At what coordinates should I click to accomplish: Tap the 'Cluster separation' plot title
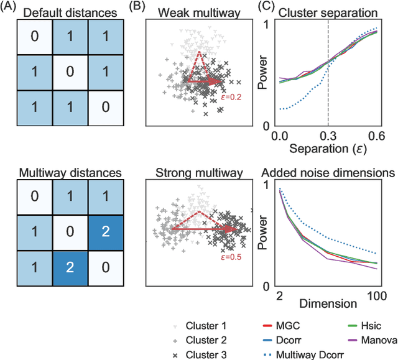tap(327, 13)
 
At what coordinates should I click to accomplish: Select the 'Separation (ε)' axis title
tap(327, 149)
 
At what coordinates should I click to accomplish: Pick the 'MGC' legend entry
tap(284, 325)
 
